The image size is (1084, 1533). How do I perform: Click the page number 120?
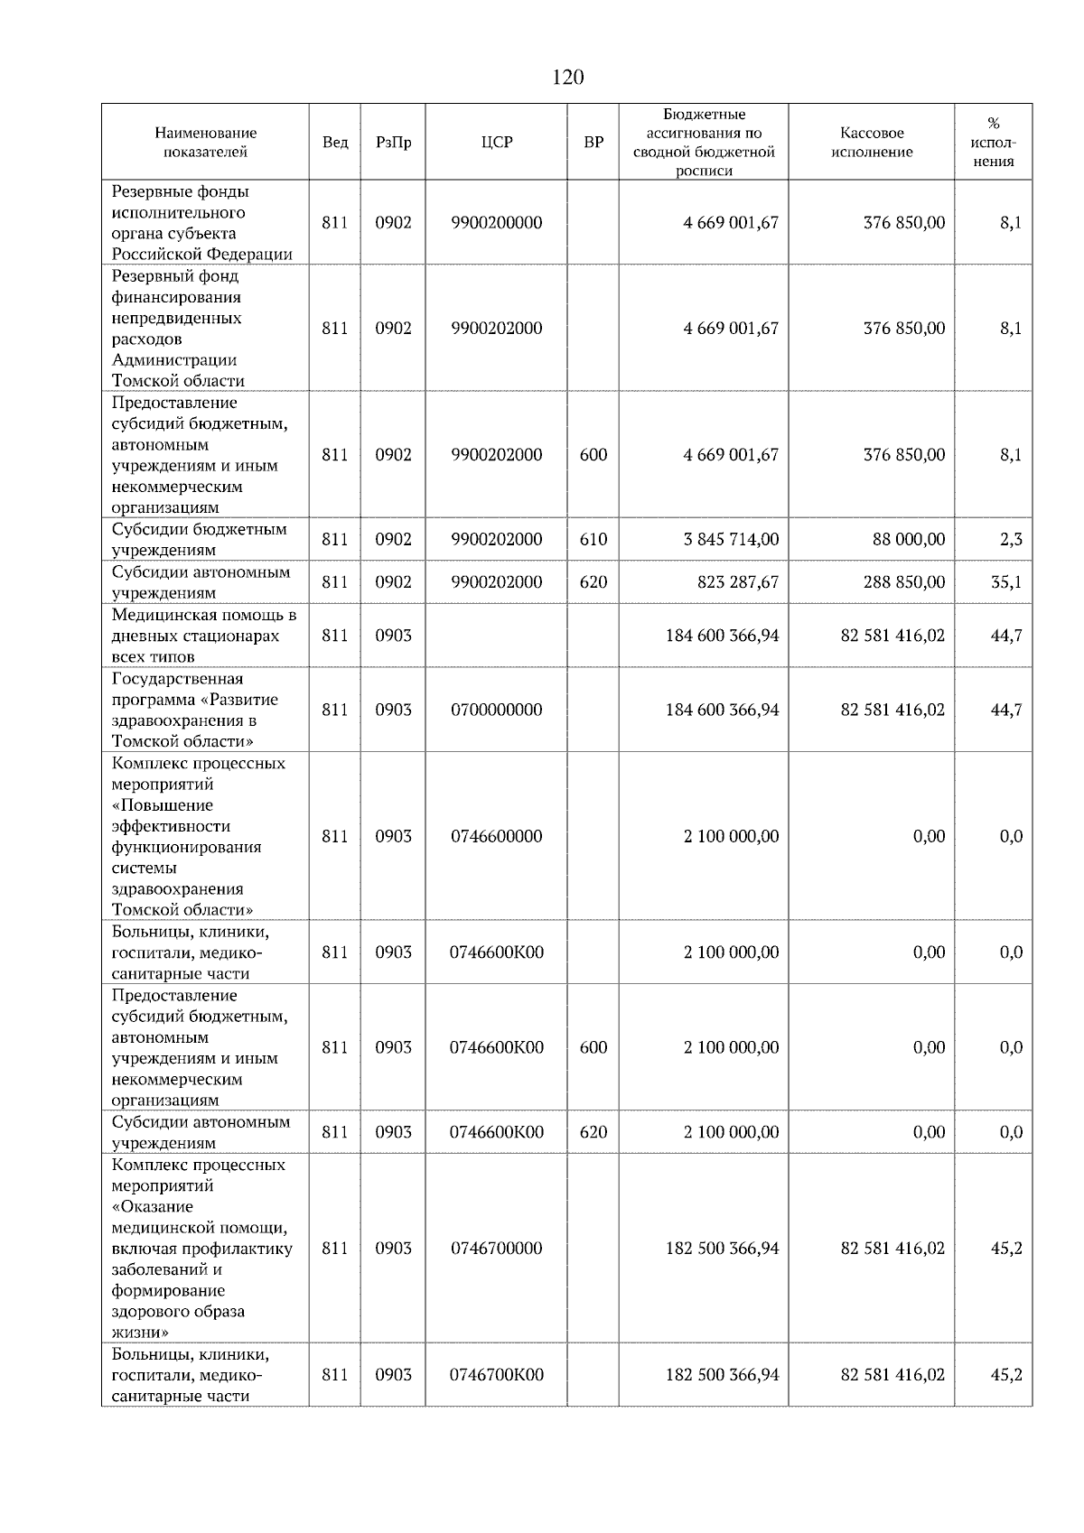(567, 78)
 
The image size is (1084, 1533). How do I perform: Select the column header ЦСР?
(497, 143)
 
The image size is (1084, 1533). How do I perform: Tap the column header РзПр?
(393, 143)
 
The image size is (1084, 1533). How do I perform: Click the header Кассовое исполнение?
(872, 143)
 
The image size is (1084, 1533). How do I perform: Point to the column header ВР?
(593, 143)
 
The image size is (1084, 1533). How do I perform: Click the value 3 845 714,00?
(731, 539)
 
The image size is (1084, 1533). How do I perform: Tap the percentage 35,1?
(1005, 582)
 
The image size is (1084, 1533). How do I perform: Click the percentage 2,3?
(1010, 539)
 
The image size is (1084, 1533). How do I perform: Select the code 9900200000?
(497, 222)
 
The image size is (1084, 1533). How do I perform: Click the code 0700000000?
(497, 710)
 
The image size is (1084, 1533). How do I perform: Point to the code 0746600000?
(497, 836)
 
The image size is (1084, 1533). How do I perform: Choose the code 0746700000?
(497, 1248)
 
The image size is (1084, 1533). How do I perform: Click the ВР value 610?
(593, 539)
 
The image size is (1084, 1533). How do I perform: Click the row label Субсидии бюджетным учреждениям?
(200, 539)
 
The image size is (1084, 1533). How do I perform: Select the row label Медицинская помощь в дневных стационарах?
(203, 636)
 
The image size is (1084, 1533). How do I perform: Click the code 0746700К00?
(497, 1374)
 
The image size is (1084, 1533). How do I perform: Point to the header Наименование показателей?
(205, 143)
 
